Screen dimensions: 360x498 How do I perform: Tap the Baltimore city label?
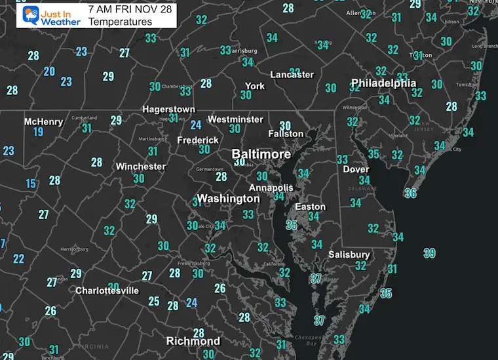pyautogui.click(x=261, y=153)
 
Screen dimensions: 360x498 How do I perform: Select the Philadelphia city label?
pyautogui.click(x=383, y=83)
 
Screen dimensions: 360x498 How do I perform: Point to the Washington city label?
pyautogui.click(x=228, y=198)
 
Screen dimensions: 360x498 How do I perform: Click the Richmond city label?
pyautogui.click(x=193, y=341)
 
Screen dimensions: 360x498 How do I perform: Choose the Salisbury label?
pyautogui.click(x=349, y=254)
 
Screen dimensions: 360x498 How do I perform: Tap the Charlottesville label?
pyautogui.click(x=107, y=290)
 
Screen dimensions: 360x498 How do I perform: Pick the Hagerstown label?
pyautogui.click(x=169, y=109)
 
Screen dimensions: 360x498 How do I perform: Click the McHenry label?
pyautogui.click(x=43, y=121)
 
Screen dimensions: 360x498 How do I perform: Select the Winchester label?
pyautogui.click(x=141, y=167)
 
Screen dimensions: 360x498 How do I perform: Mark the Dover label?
pyautogui.click(x=356, y=169)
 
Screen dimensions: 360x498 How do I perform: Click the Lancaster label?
pyautogui.click(x=292, y=74)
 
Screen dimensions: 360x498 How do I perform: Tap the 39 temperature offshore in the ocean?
pyautogui.click(x=429, y=253)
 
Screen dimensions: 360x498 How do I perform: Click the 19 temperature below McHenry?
pyautogui.click(x=39, y=132)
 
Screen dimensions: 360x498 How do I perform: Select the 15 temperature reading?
pyautogui.click(x=31, y=184)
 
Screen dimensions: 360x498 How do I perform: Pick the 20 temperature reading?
pyautogui.click(x=49, y=71)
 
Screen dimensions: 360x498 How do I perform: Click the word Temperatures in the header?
pyautogui.click(x=121, y=22)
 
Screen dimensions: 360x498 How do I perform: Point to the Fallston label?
pyautogui.click(x=286, y=134)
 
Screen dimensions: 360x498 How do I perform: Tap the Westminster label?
pyautogui.click(x=235, y=119)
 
